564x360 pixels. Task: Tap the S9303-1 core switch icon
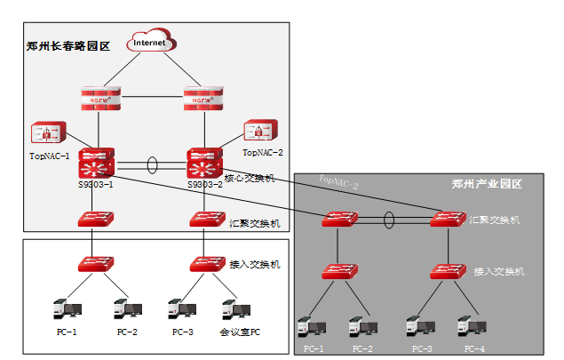(x=94, y=163)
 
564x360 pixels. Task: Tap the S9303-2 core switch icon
(x=204, y=163)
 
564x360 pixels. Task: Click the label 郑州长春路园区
(x=68, y=46)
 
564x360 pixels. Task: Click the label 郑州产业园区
(x=486, y=184)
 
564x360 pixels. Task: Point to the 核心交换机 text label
(x=251, y=179)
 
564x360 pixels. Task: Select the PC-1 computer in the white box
(x=68, y=310)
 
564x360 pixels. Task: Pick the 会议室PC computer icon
(x=234, y=310)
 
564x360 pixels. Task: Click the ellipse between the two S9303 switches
(x=153, y=164)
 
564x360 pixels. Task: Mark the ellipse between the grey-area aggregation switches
(x=388, y=219)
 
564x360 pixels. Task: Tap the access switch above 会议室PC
(x=206, y=263)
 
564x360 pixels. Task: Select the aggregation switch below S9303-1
(x=94, y=219)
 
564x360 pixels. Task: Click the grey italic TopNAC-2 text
(x=338, y=183)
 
